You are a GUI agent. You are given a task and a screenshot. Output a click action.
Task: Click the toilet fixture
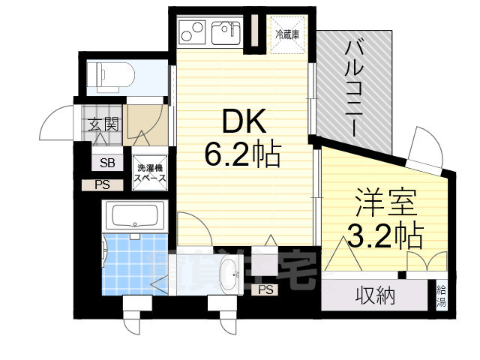[111, 74]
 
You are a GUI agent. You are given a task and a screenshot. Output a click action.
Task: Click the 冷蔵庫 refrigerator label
[287, 34]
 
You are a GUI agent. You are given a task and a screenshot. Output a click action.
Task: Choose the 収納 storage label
[375, 296]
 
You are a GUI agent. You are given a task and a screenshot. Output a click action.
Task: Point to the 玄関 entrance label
[103, 125]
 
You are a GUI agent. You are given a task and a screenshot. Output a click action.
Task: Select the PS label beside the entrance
[102, 185]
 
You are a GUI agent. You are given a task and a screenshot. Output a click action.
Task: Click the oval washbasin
[226, 277]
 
